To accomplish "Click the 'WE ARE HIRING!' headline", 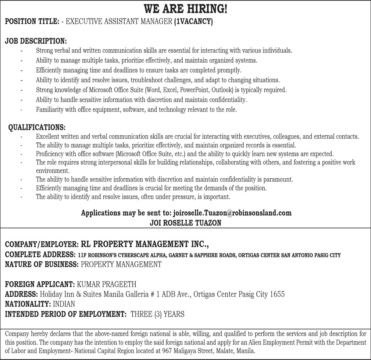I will coord(185,9).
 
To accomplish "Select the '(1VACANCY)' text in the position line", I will coord(193,22).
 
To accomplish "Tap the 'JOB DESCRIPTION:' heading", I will coord(36,41).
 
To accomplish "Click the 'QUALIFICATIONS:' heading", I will coord(37,127).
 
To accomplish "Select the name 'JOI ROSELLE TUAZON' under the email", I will coord(185,223).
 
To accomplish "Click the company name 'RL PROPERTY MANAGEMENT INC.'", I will coord(144,244).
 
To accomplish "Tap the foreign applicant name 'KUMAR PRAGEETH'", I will coord(107,284).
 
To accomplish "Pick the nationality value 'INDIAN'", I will coord(64,304).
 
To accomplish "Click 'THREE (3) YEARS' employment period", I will coord(157,314).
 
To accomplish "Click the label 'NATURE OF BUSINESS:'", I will coord(42,264).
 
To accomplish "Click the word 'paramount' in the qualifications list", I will coord(278,180).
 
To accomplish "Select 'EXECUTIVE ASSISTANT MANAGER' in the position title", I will coord(119,22).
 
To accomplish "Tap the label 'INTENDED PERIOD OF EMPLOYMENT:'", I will coord(66,314).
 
